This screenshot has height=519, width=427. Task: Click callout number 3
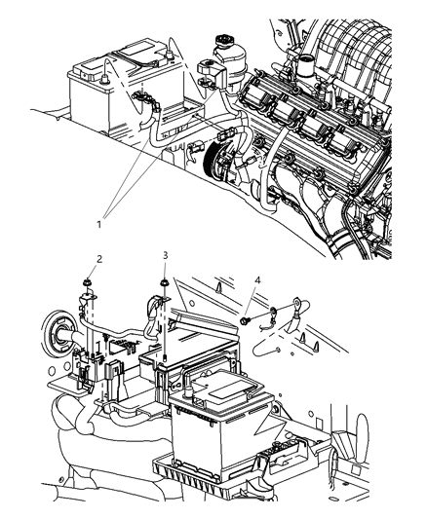(167, 256)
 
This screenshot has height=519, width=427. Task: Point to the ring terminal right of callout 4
(277, 314)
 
